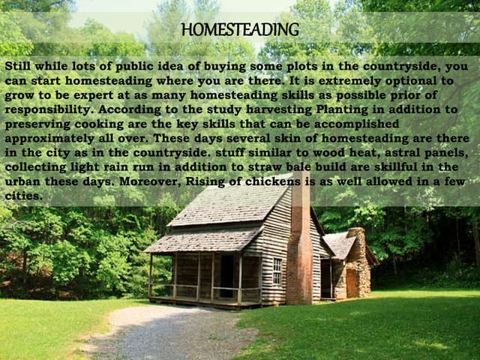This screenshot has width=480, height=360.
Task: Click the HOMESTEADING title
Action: [240, 30]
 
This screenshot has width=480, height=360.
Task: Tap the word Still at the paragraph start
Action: [20, 66]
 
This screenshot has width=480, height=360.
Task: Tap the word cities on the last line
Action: [22, 196]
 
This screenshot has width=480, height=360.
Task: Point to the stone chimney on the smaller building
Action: [358, 262]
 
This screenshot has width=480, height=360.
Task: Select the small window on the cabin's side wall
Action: [277, 271]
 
